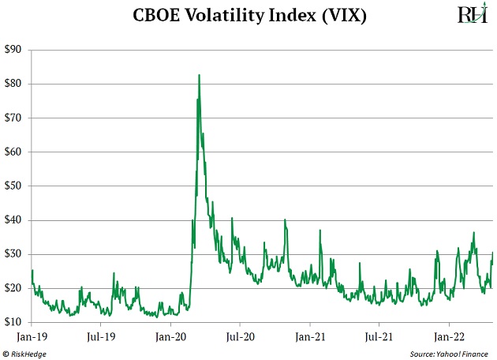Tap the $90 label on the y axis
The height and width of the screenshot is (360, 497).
(13, 50)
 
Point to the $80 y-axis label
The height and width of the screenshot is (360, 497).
(13, 84)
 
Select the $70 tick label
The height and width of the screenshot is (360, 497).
(13, 118)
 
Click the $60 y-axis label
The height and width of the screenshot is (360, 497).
(13, 152)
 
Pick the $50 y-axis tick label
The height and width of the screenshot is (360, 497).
(13, 186)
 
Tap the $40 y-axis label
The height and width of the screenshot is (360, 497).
(13, 220)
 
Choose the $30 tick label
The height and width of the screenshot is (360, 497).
(13, 254)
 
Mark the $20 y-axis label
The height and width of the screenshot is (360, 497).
(13, 288)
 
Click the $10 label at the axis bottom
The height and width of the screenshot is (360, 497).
(13, 322)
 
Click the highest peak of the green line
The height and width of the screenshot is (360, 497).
(199, 75)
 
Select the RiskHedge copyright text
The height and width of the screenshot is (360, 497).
(25, 351)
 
